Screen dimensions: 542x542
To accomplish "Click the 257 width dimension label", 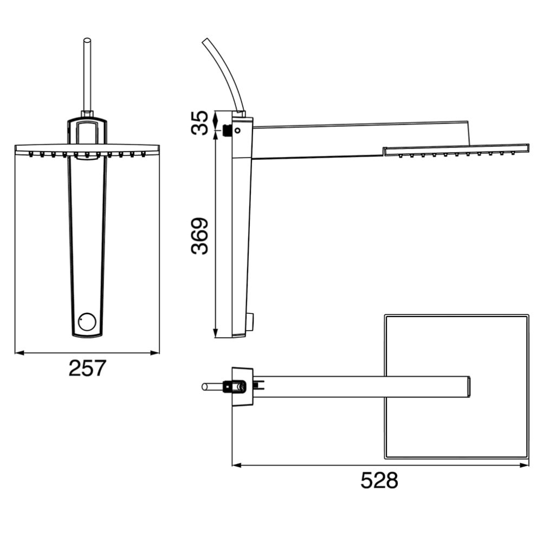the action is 87,369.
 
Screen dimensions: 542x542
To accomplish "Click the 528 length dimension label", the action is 379,480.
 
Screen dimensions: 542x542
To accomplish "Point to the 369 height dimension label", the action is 200,236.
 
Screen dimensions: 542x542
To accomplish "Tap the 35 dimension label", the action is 200,122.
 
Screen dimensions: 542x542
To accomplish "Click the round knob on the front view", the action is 87,321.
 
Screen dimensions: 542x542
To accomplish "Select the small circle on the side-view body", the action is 237,130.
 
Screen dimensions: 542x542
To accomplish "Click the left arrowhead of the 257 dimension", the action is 20,353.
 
